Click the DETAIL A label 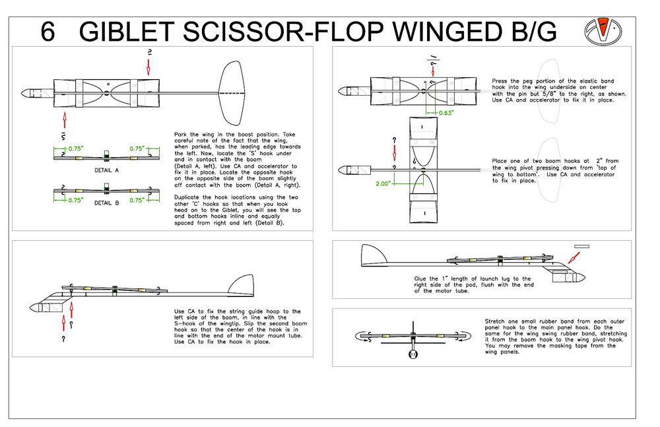[x=106, y=170]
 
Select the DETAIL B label [x=106, y=203]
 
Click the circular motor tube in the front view [x=413, y=354]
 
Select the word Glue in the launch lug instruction [x=422, y=279]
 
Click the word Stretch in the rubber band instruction [x=496, y=321]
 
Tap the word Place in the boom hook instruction [x=500, y=161]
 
